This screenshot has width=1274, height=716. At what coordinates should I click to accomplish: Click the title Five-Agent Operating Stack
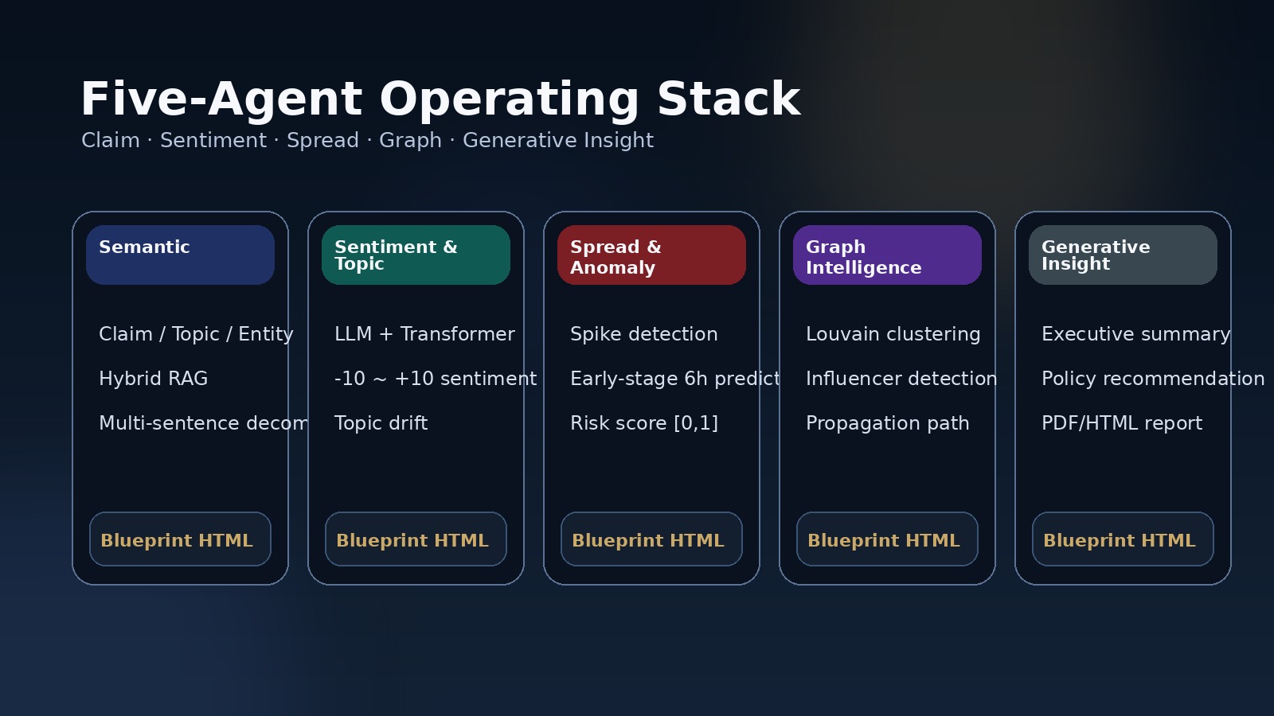point(440,99)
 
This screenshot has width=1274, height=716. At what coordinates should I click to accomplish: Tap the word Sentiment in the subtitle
point(213,141)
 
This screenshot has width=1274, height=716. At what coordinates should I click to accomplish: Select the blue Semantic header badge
point(180,255)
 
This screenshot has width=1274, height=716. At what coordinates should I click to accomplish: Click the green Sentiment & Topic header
point(416,255)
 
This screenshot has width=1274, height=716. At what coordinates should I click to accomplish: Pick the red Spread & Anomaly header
point(651,255)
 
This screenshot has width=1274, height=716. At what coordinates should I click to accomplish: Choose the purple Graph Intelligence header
point(887,255)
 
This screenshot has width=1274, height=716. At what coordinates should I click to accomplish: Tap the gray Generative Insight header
point(1123,255)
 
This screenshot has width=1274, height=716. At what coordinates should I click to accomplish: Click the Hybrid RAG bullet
point(153,379)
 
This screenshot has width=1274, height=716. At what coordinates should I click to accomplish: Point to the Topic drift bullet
point(381,423)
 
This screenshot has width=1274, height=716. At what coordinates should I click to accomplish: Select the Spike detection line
point(643,334)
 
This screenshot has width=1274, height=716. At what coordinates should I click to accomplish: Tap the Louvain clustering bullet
point(893,334)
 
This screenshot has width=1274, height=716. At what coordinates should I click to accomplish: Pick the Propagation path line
point(887,423)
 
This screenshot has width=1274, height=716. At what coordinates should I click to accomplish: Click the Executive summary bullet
point(1135,334)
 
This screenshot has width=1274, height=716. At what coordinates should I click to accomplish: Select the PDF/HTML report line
point(1121,423)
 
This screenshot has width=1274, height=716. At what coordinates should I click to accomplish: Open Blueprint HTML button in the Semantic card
point(180,539)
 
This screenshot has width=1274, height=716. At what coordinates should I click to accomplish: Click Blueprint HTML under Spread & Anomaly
point(651,539)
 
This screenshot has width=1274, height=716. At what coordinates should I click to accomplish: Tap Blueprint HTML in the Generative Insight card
point(1123,539)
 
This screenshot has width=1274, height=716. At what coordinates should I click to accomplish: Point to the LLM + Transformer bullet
point(424,334)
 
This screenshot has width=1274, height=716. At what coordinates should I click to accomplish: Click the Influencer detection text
point(901,379)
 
